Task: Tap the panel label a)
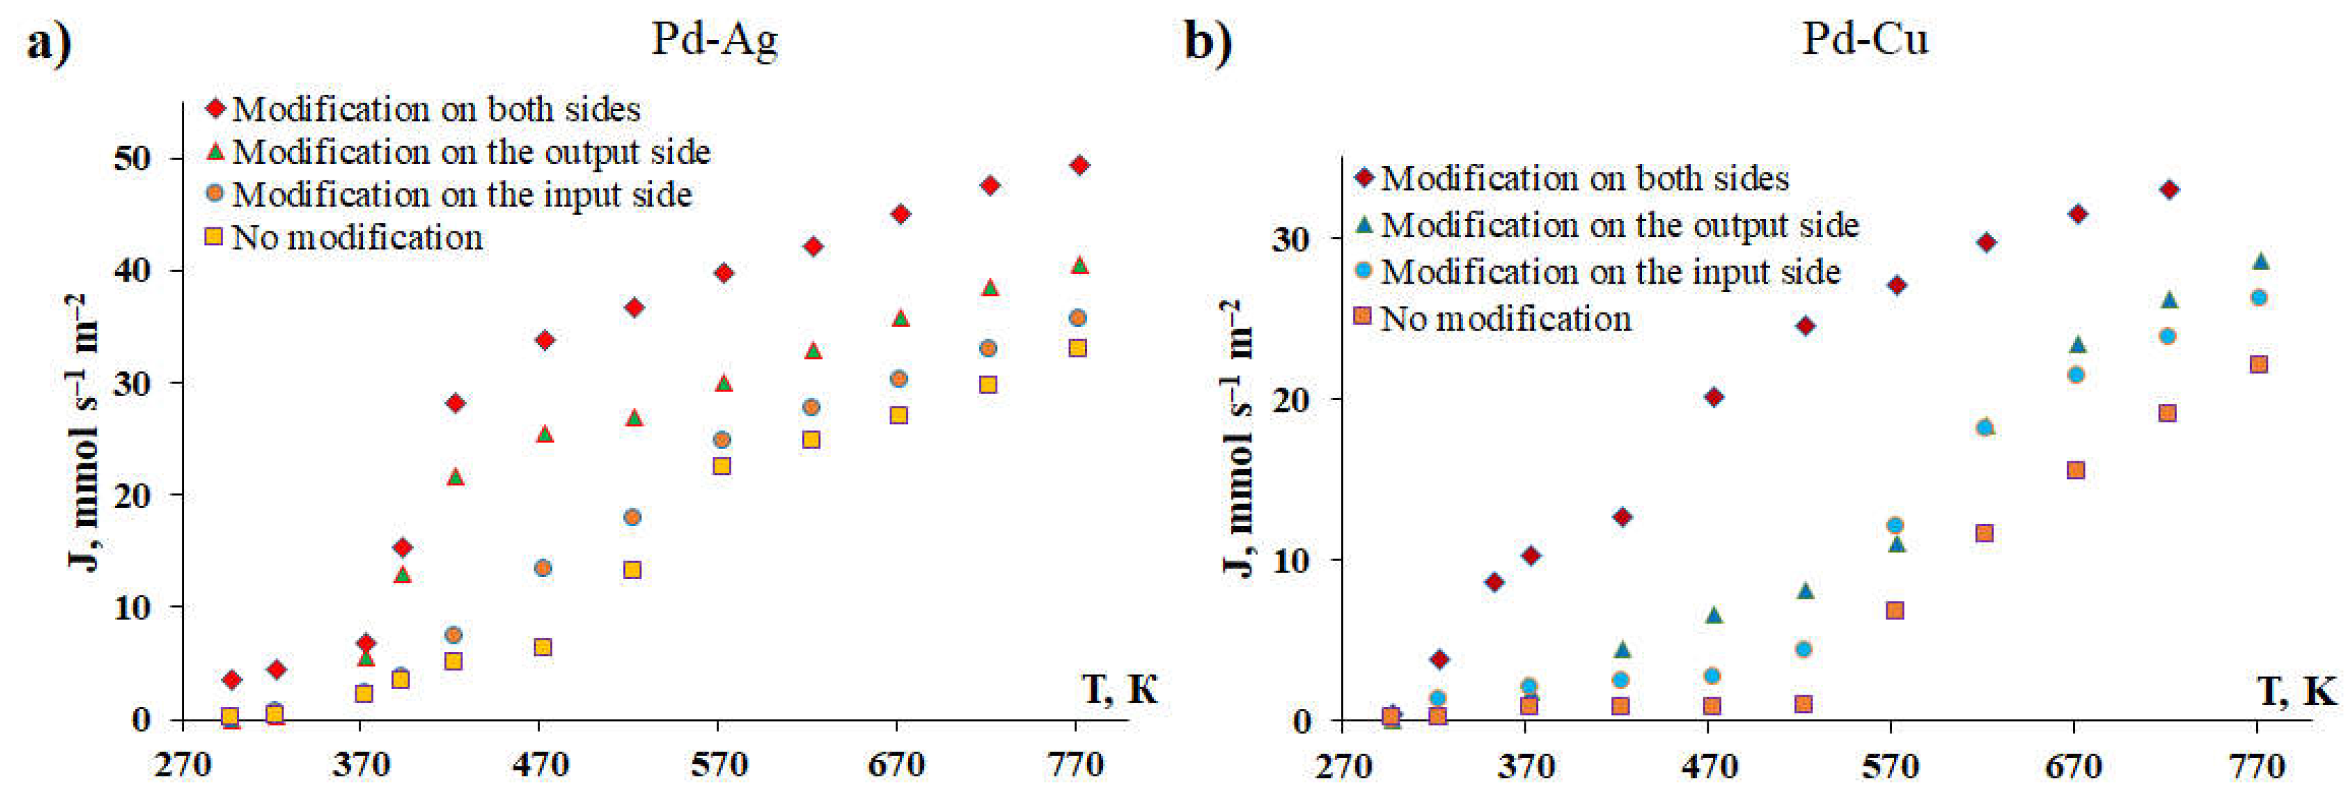pos(48,42)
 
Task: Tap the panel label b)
pos(1208,42)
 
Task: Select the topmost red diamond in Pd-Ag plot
pos(1079,165)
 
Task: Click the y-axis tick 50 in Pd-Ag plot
pos(133,159)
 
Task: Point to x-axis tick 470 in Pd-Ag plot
pos(540,765)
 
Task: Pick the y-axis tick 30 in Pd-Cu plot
pos(1290,239)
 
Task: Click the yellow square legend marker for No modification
pos(214,237)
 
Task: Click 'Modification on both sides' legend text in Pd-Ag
pos(436,110)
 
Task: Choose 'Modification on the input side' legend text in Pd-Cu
pos(1610,272)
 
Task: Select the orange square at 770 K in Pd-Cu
pos(2259,364)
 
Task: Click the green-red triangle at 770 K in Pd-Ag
pos(1079,265)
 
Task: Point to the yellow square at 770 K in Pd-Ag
pos(1078,348)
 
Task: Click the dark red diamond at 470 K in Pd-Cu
pos(1713,397)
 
